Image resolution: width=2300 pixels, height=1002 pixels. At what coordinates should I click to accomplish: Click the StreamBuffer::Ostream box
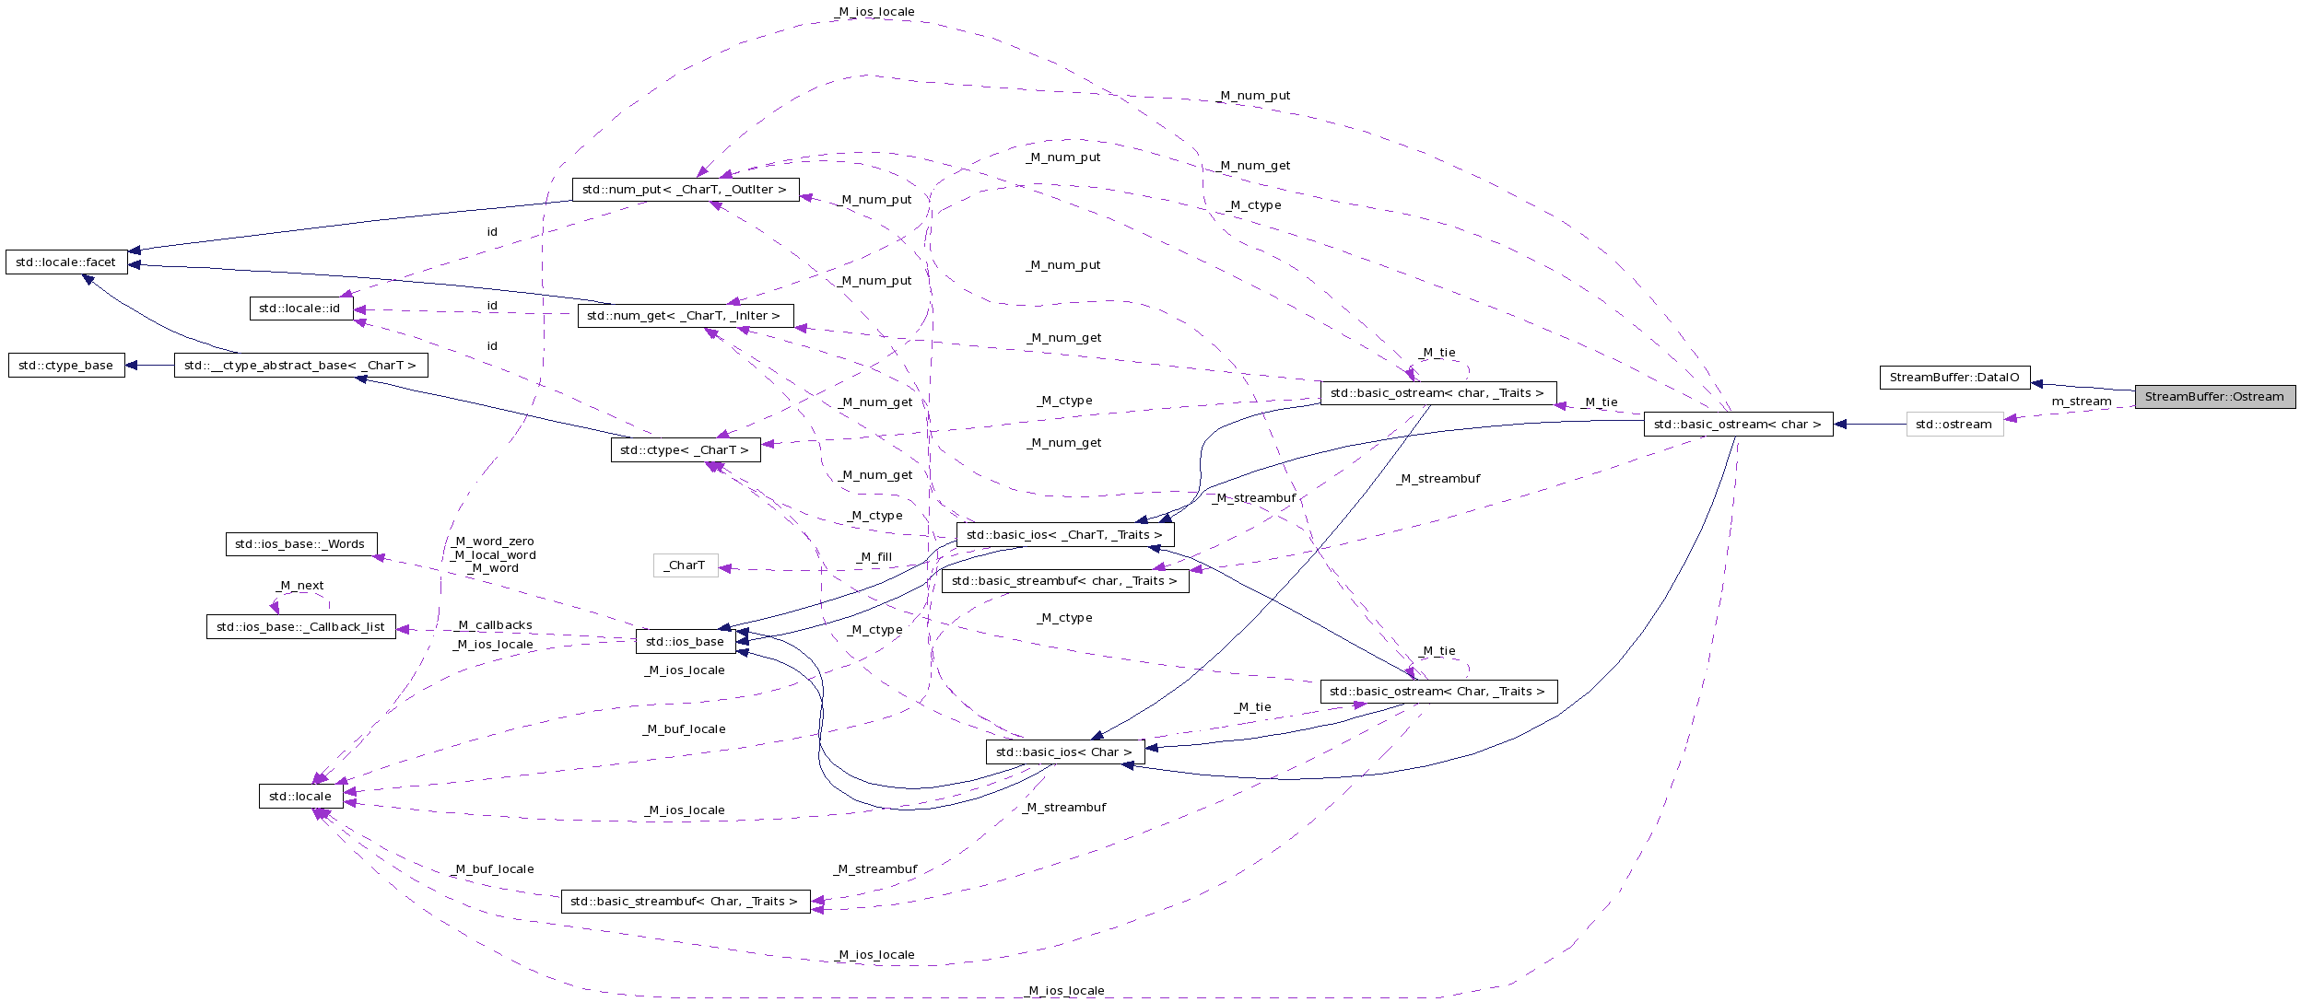[x=2214, y=397]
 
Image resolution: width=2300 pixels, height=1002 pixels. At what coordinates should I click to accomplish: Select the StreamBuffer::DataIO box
[x=1954, y=378]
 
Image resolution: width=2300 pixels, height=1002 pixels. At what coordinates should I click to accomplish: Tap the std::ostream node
[x=1954, y=425]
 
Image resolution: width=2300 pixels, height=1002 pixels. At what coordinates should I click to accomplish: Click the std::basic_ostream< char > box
[x=1738, y=425]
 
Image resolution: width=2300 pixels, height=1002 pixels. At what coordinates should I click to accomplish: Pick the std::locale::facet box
[x=66, y=262]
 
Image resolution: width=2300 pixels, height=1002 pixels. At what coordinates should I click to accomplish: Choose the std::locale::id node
[x=300, y=309]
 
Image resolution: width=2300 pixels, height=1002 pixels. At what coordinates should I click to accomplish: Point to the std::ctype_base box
[x=66, y=366]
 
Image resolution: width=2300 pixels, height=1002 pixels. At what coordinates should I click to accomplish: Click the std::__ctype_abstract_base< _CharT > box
[x=300, y=366]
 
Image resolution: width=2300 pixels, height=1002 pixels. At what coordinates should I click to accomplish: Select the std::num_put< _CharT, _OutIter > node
[x=685, y=190]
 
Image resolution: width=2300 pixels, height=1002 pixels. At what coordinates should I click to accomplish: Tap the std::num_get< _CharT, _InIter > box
[x=684, y=316]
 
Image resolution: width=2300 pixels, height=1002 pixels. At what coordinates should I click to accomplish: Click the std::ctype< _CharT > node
[x=685, y=450]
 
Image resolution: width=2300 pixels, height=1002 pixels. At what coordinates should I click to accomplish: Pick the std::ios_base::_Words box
[x=300, y=544]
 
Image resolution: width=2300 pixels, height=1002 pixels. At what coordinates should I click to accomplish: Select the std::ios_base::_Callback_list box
[x=300, y=627]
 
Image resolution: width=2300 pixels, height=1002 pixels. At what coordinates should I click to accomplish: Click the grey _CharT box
[x=685, y=565]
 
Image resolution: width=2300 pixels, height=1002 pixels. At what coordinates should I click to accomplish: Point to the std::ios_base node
[x=685, y=642]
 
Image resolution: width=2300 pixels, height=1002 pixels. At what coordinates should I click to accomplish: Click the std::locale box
[x=300, y=797]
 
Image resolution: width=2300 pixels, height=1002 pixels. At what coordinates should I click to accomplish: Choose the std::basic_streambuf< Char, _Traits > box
[x=685, y=902]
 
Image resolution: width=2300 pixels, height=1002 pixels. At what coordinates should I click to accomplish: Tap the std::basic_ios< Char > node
[x=1064, y=752]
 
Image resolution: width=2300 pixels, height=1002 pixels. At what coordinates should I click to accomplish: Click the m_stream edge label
[x=2081, y=402]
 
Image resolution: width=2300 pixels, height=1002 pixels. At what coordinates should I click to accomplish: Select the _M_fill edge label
[x=874, y=557]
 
